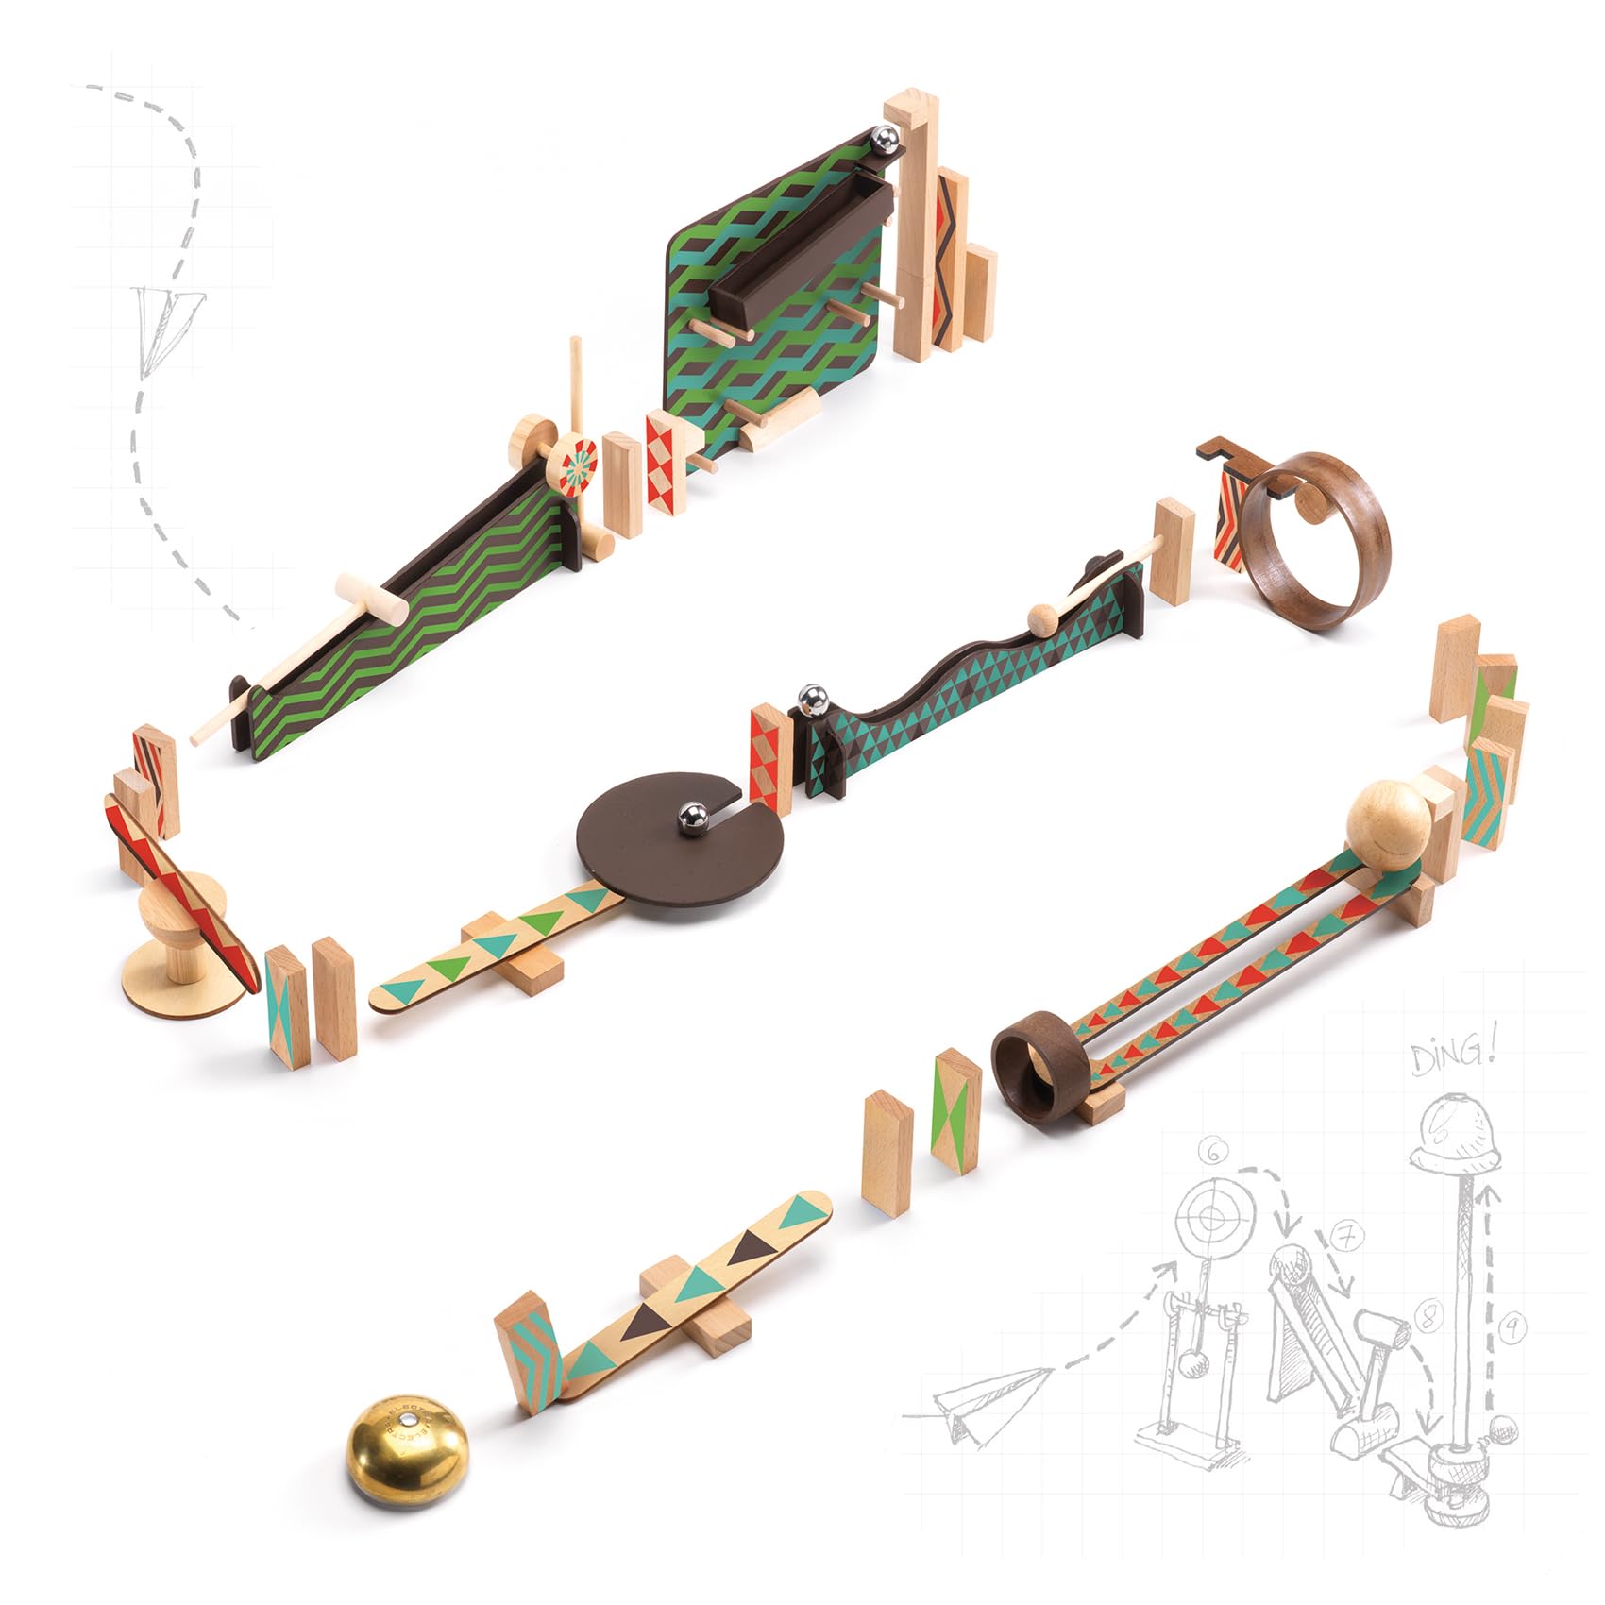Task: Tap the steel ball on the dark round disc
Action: pyautogui.click(x=693, y=817)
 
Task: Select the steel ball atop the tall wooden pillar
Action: pyautogui.click(x=887, y=140)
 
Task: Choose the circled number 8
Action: pyautogui.click(x=1428, y=1315)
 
